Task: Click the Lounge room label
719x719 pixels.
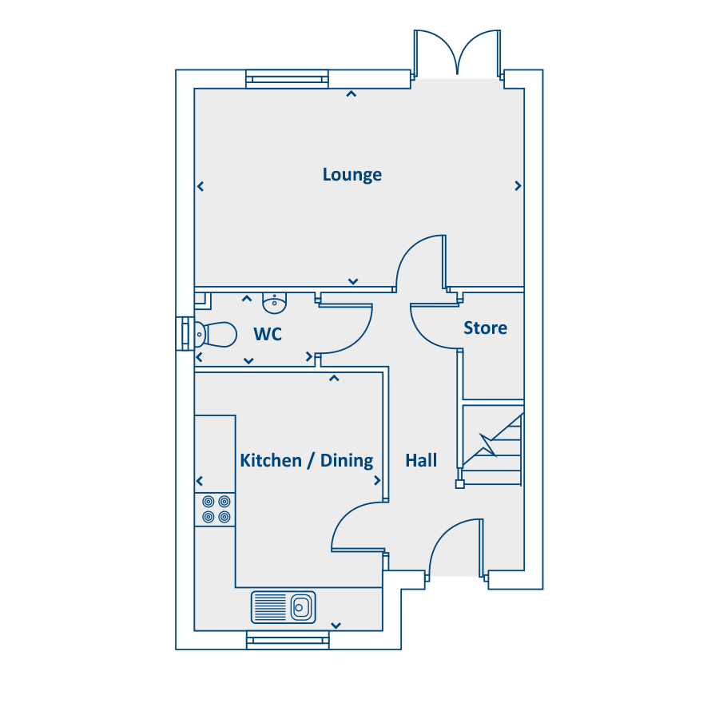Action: click(352, 175)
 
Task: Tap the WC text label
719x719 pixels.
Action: click(268, 334)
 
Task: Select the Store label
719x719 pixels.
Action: click(485, 328)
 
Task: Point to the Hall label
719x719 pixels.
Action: click(421, 460)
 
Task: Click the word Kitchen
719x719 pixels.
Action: click(271, 460)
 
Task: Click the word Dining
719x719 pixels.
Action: click(347, 461)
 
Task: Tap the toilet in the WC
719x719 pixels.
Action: click(216, 334)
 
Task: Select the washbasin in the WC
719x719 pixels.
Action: click(274, 303)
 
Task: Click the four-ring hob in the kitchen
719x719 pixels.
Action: click(216, 510)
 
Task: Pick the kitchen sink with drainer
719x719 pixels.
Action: click(284, 607)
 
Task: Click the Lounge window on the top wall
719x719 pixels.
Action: click(287, 79)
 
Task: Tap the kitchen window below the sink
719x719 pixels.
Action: click(288, 640)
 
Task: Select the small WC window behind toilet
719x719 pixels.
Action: click(185, 334)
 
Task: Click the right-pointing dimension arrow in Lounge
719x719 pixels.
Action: click(518, 185)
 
